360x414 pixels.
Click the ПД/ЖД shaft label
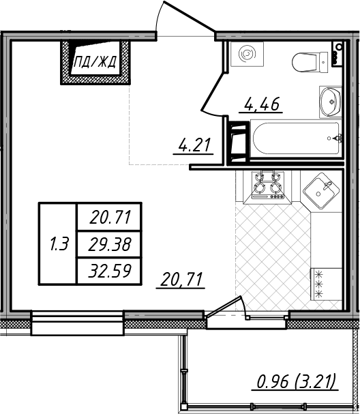pos(95,63)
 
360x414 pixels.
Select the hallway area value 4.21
pos(194,145)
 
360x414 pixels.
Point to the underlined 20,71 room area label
pos(181,280)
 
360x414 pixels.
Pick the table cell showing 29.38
pos(109,244)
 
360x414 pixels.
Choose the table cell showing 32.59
pos(109,271)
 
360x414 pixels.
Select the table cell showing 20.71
pos(109,218)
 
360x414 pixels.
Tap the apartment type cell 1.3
pos(59,243)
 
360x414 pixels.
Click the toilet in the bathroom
pos(310,62)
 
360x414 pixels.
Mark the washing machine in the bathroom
pos(247,54)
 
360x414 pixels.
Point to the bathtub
pos(296,138)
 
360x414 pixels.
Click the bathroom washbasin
pos(330,102)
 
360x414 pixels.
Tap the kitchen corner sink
pos(321,191)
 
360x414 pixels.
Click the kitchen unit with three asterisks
pos(326,284)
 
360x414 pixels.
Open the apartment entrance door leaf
pos(190,16)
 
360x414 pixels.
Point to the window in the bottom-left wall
pos(77,323)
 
